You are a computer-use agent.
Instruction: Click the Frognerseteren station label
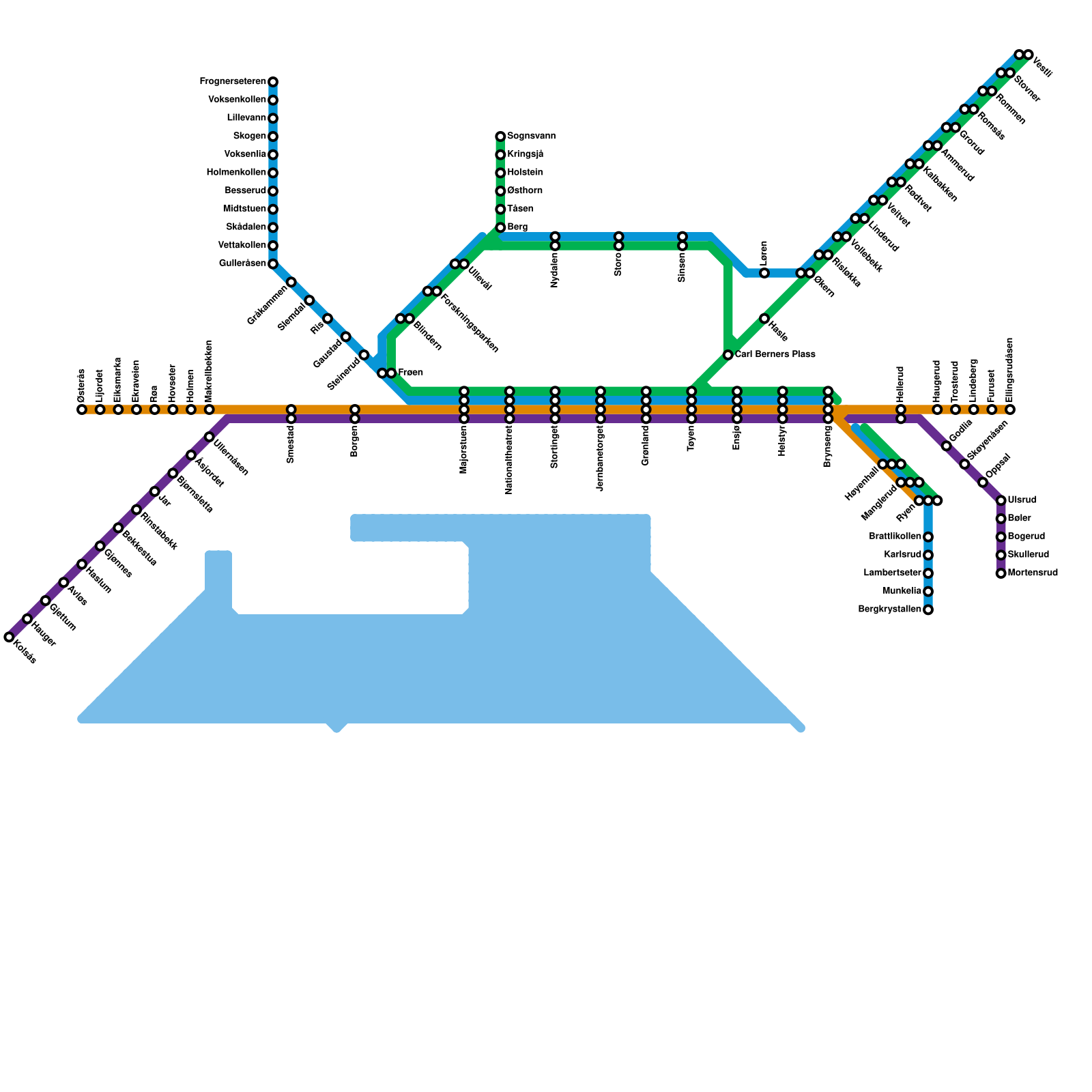pos(233,82)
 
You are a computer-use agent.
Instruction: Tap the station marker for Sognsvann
pos(500,136)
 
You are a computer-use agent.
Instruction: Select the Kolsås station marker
pos(9,637)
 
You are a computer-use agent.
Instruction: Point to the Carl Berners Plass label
pos(775,355)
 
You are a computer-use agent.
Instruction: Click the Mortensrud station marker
pos(1001,573)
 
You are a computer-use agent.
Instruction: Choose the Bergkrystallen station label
pos(889,609)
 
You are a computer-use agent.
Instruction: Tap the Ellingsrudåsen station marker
pos(1010,409)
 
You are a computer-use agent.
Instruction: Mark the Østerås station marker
pos(82,409)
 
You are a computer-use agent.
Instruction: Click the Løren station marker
pos(764,273)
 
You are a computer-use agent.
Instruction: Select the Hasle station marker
pos(764,319)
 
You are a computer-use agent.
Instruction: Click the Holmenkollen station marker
pos(273,173)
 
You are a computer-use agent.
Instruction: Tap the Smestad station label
pos(291,444)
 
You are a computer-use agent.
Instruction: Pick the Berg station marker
pos(500,227)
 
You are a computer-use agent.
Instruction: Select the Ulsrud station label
pos(1022,500)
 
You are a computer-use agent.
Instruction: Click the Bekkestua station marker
pos(118,528)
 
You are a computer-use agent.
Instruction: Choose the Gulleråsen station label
pos(242,263)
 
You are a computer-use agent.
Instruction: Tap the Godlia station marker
pos(947,446)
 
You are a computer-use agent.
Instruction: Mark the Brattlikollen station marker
pos(928,537)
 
